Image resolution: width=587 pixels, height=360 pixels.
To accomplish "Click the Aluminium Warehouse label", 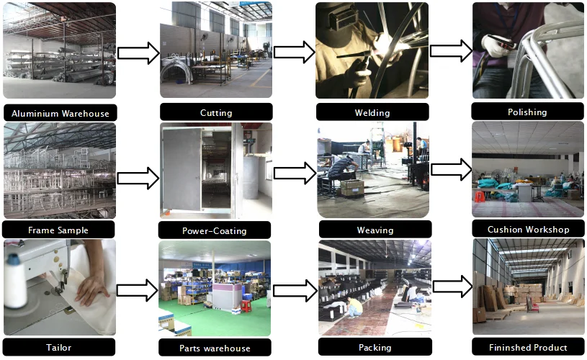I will [x=60, y=113].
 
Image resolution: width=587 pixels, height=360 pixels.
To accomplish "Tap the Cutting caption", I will [x=216, y=112].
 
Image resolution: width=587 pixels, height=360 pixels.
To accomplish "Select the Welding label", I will [x=372, y=112].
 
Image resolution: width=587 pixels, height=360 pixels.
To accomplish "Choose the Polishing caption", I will [x=527, y=112].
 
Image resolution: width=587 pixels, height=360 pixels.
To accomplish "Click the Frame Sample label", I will [x=59, y=230].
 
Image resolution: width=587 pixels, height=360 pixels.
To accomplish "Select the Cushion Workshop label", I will [x=528, y=229].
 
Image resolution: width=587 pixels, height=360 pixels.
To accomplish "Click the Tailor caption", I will [x=58, y=347].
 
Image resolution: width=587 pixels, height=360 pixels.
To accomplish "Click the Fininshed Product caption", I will [x=528, y=347].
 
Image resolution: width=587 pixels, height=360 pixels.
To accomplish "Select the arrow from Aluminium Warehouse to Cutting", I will [x=138, y=53].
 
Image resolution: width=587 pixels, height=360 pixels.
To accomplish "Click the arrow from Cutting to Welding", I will [x=294, y=51].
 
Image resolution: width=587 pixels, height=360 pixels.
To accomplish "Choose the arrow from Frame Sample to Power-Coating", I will [x=138, y=178].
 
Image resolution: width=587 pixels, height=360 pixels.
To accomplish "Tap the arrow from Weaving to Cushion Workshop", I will [x=451, y=169].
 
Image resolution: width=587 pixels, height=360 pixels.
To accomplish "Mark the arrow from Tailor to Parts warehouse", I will [x=138, y=289].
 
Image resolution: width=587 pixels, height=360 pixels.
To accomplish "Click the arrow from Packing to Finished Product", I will [x=451, y=286].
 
